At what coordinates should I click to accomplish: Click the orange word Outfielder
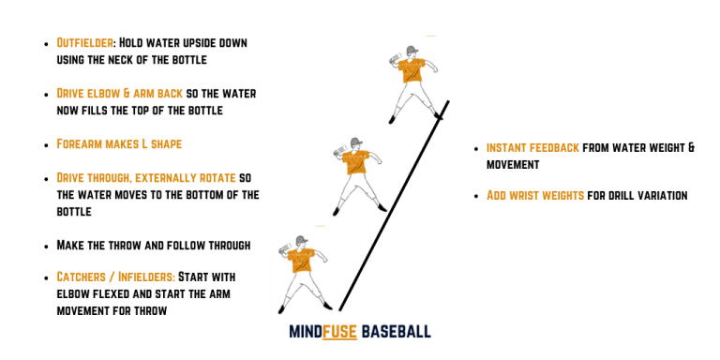point(82,43)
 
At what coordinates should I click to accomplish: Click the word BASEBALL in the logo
point(396,332)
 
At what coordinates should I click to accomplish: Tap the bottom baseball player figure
point(297,272)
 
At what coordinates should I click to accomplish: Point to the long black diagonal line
point(394,206)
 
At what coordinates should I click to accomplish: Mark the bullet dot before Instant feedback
point(477,149)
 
